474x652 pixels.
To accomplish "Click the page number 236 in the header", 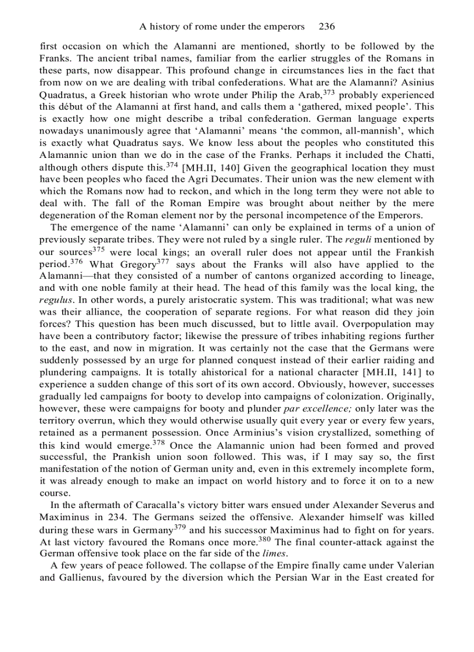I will (x=327, y=27).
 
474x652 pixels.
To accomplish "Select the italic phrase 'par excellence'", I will (x=315, y=409).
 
